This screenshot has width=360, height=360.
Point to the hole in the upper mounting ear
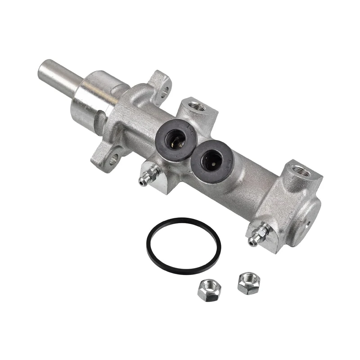tap(165, 89)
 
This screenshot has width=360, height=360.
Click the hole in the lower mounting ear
tap(113, 158)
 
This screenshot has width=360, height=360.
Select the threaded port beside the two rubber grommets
tap(196, 107)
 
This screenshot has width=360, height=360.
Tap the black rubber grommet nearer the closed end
tap(211, 160)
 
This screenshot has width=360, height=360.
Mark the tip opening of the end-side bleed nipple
tap(252, 243)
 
